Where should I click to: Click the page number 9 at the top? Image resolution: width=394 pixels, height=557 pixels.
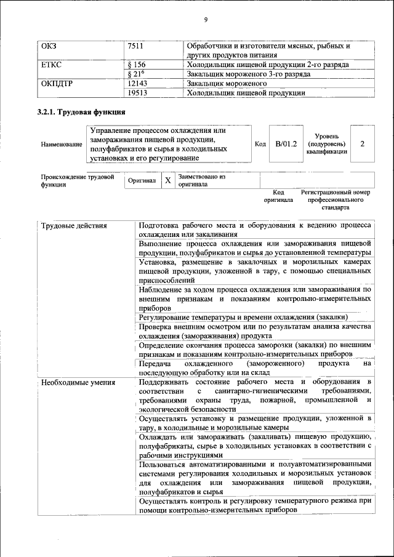206,20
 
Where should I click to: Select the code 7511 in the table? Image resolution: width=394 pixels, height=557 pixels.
137,46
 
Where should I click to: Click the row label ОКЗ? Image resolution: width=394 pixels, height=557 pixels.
49,46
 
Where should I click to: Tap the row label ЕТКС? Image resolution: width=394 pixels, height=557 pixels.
51,65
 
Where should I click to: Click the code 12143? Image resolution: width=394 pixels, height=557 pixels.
139,84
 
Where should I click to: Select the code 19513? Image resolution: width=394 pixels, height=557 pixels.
139,93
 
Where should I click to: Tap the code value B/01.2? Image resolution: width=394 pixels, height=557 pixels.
286,143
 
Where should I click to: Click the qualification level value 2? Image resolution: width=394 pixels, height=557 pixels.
363,143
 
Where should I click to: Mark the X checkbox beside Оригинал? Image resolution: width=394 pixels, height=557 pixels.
167,181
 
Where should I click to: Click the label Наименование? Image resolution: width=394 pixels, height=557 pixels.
62,144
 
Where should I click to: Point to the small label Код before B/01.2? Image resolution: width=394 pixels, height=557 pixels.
260,143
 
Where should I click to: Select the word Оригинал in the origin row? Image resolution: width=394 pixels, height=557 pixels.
142,182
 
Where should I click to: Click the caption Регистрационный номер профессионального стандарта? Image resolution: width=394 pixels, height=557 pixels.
336,200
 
